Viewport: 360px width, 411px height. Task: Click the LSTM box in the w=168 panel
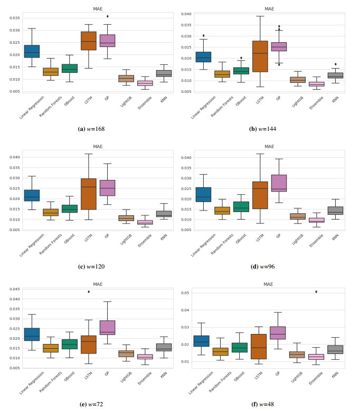[x=88, y=41]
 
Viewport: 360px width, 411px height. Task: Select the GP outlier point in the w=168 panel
[x=107, y=16]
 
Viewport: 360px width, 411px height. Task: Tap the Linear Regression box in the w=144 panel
[x=203, y=57]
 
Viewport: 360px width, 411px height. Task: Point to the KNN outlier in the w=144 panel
[x=335, y=64]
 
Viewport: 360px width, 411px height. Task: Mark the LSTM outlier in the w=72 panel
[x=88, y=292]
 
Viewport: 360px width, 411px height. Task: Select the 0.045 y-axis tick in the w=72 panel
[x=13, y=289]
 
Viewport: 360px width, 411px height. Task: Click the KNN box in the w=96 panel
[x=335, y=210]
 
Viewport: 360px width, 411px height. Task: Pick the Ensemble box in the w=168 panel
[x=145, y=83]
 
